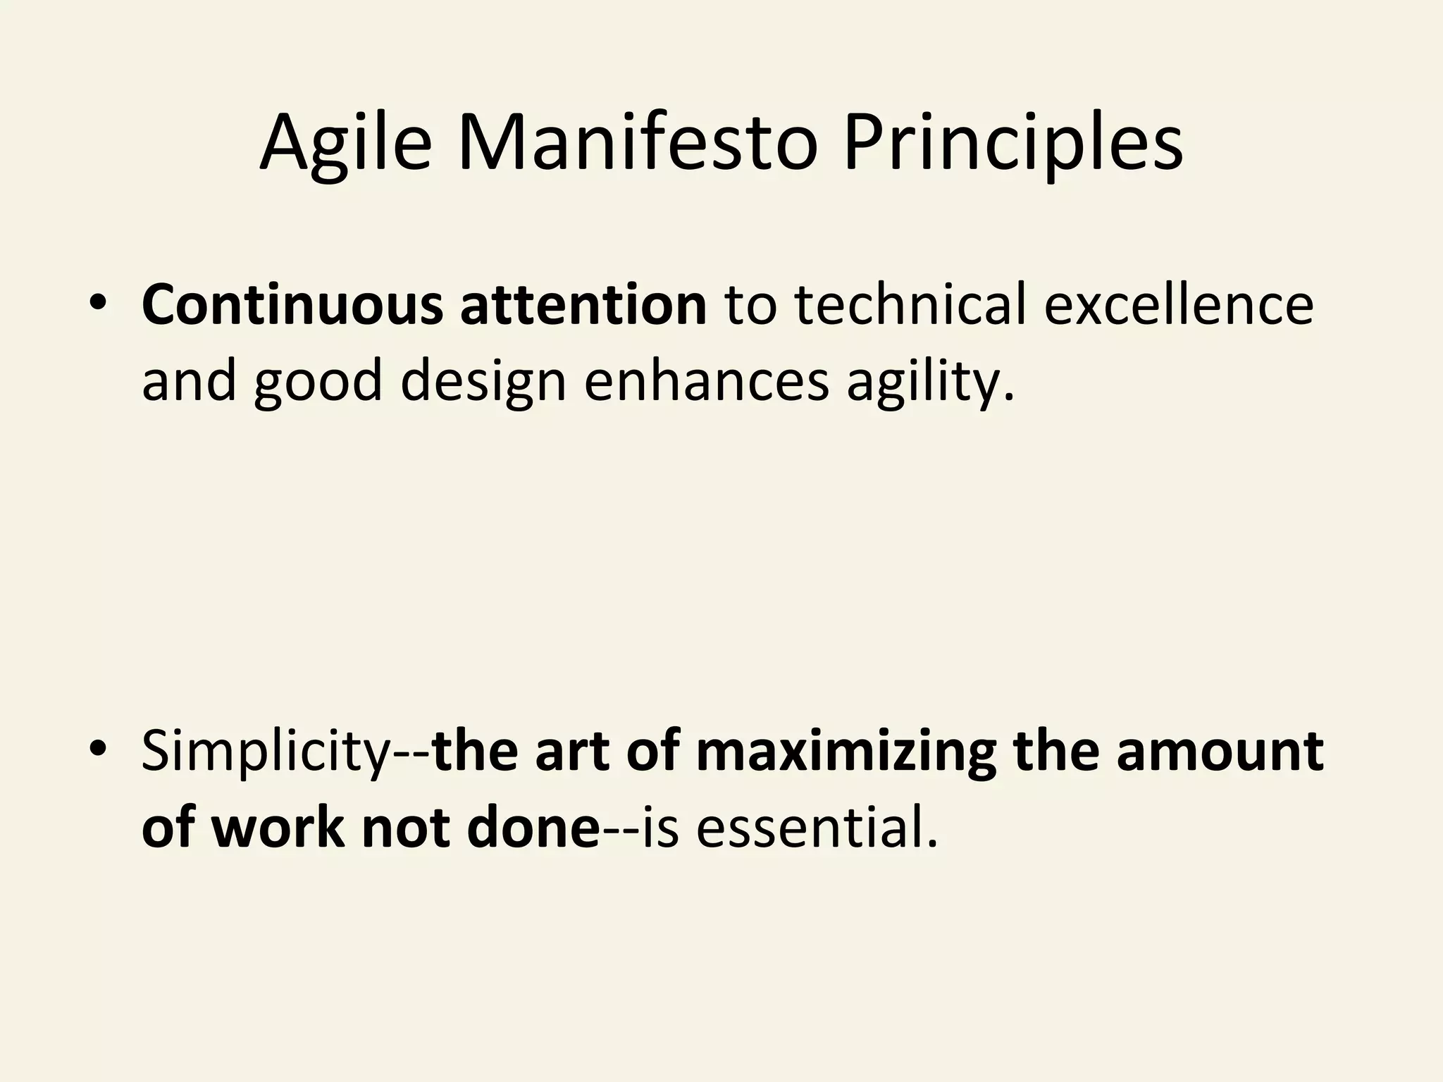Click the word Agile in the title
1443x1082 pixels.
(346, 144)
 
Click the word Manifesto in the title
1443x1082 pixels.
(638, 144)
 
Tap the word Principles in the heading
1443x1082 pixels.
(1013, 144)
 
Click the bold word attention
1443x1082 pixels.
(583, 304)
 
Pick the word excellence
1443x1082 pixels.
(1178, 304)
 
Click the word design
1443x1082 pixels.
(483, 381)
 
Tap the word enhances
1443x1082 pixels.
(706, 381)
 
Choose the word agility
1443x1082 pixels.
(930, 381)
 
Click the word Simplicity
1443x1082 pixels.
(265, 751)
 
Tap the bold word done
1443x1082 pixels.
(533, 828)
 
